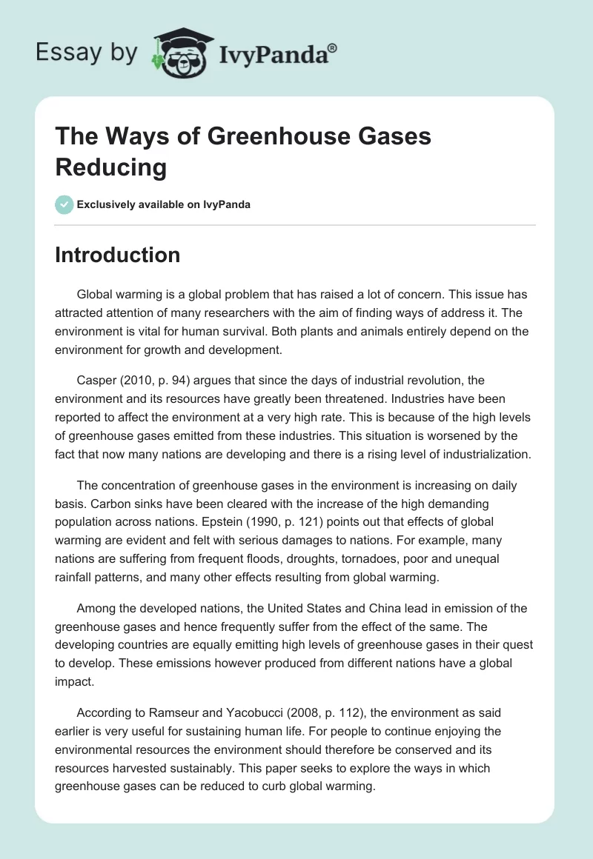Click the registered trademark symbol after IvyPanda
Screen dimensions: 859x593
[333, 47]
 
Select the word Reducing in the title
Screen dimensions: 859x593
[111, 167]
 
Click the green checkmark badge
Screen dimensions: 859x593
[64, 204]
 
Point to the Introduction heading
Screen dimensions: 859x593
[117, 255]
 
